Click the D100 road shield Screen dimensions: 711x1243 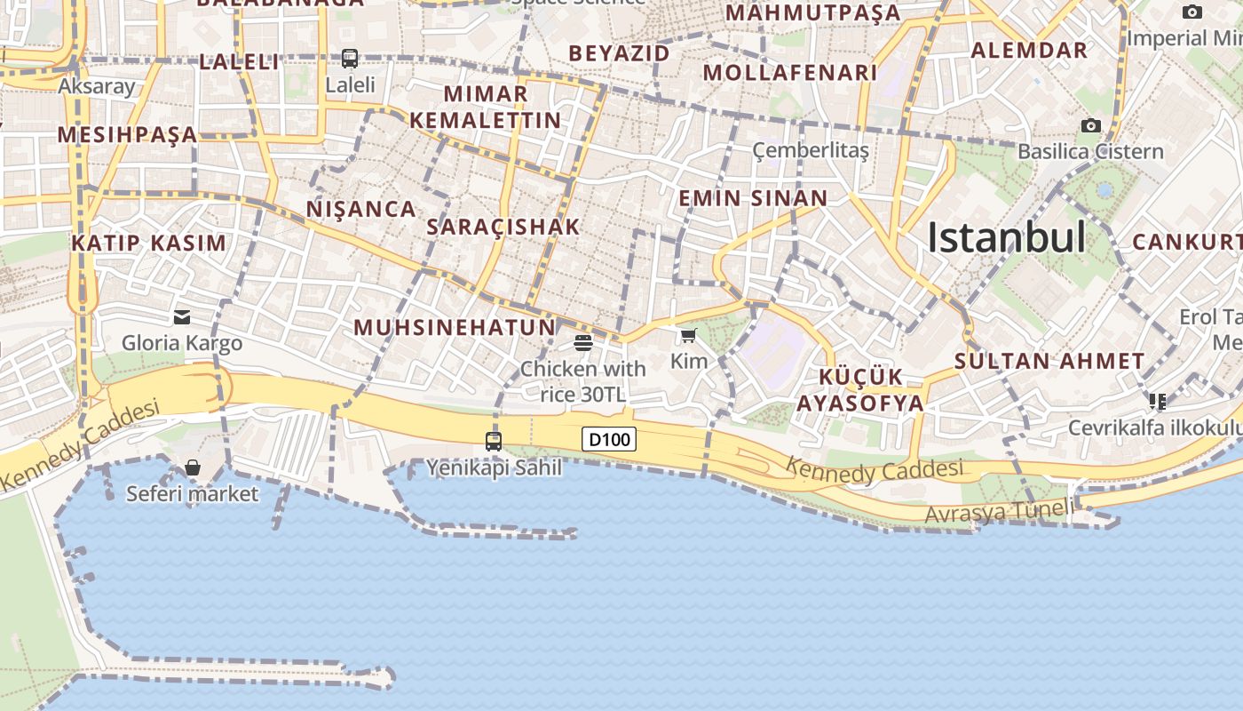pos(609,439)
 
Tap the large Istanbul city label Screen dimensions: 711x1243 pos(1006,237)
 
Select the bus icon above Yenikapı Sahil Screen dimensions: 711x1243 pos(494,441)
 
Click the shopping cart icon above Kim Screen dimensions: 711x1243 pos(688,335)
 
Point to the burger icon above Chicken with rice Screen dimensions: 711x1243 pos(583,342)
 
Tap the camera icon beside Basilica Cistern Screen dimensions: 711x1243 pos(1091,126)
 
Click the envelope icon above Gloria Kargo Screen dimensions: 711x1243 pos(182,316)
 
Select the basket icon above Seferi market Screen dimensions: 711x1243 pos(192,467)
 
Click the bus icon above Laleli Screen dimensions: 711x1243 pos(350,59)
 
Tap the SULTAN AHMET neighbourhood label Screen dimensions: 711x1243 pos(1049,362)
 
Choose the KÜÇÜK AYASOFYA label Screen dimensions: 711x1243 pos(859,389)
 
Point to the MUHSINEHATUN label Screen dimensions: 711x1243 pos(455,327)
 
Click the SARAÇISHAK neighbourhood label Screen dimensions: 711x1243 pos(503,227)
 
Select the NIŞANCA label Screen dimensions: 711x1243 pos(361,209)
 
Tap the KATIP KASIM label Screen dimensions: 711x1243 pos(149,244)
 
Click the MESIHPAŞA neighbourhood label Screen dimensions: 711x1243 pos(127,135)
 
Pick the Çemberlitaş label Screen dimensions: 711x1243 pos(811,150)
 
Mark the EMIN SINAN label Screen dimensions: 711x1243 pos(753,198)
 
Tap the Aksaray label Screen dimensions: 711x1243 pos(97,86)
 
